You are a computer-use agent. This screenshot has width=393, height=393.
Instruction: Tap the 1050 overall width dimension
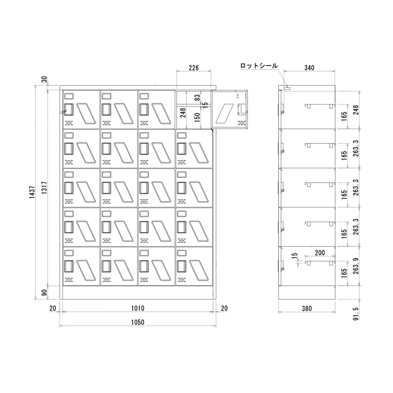(x=138, y=322)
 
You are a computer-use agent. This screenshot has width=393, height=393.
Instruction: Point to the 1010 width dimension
(x=138, y=309)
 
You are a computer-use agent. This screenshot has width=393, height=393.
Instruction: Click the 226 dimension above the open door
(x=193, y=68)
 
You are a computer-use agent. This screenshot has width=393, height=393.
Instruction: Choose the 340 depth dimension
(x=309, y=68)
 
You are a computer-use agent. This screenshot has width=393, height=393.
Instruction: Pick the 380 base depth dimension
(x=307, y=309)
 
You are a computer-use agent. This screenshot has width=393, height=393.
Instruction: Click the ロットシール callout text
(x=259, y=66)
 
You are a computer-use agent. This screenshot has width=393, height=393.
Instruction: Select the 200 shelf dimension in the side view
(x=320, y=253)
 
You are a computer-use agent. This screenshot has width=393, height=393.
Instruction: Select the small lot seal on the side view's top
(x=287, y=88)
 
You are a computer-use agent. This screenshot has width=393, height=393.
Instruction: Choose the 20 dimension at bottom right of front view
(x=224, y=309)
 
